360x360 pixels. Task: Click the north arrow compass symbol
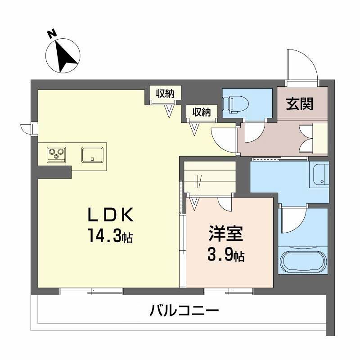pos(63,56)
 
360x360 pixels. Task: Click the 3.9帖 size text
pos(226,256)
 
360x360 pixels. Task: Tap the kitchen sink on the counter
pos(93,154)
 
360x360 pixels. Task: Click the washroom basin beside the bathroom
pos(320,175)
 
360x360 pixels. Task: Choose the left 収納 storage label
pos(165,94)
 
